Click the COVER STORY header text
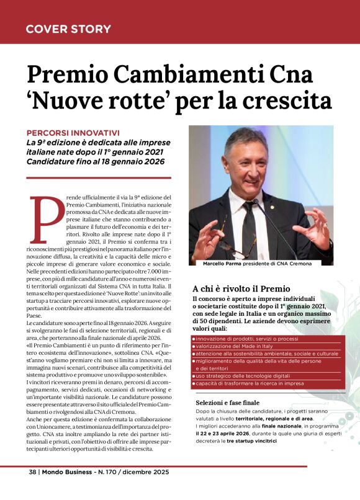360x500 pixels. point(68,29)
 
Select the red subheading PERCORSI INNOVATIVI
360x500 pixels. point(73,132)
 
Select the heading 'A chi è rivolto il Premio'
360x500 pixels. point(241,288)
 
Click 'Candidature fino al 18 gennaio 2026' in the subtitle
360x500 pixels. point(96,161)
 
